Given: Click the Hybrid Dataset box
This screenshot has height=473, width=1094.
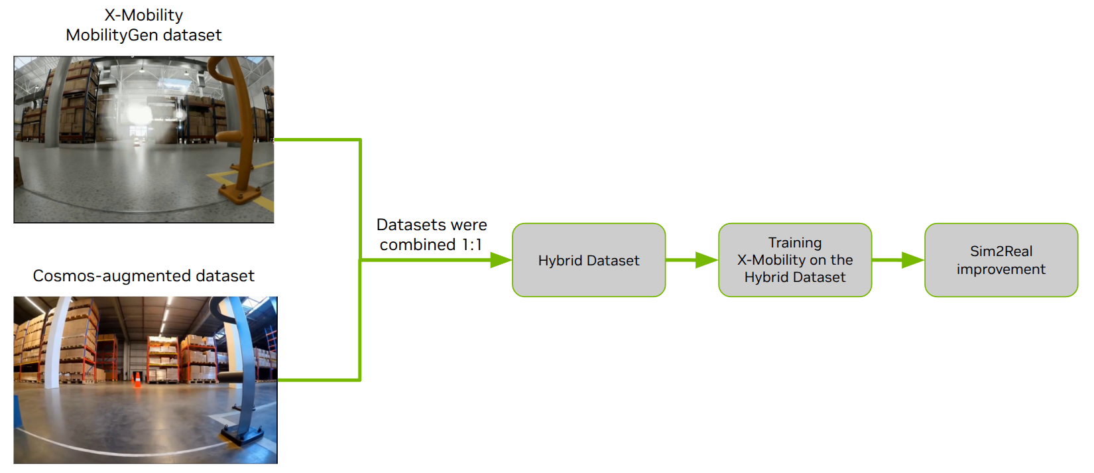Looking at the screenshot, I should point(588,260).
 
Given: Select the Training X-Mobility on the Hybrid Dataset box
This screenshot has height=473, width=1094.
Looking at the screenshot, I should point(794,260).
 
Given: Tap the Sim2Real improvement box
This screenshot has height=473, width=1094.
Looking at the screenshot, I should point(1001,260).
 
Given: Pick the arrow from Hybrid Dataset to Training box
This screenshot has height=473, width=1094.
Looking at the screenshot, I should point(692,260).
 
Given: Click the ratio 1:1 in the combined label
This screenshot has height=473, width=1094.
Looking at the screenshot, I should point(472,245).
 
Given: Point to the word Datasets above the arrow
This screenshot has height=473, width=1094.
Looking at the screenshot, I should point(404,225).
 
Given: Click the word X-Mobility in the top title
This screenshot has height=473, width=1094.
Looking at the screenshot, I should point(143,15).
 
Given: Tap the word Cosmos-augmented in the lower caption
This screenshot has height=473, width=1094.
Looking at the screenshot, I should point(97,276).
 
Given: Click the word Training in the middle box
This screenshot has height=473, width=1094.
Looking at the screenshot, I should point(794,243).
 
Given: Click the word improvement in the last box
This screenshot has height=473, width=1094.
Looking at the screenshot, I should point(1001,269).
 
